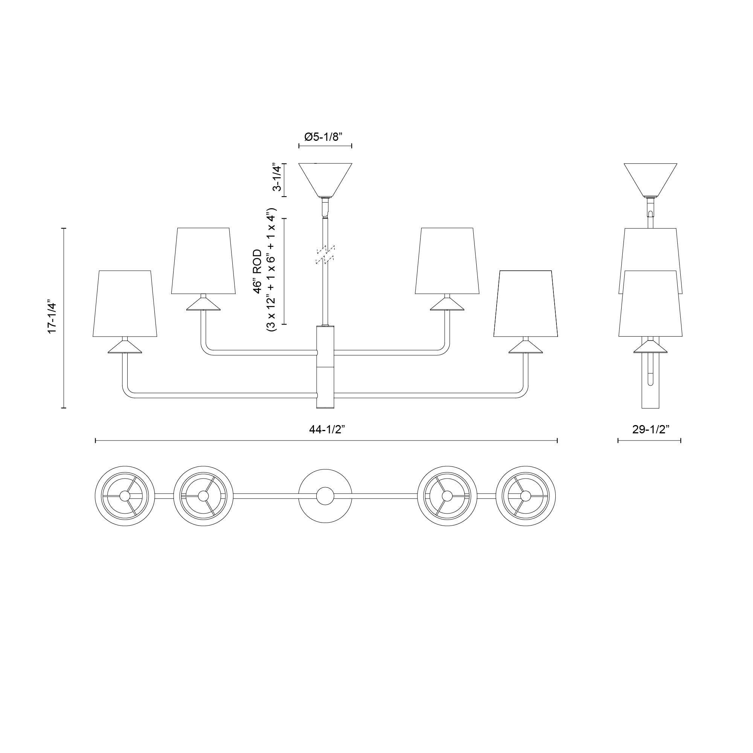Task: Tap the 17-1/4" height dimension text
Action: (x=52, y=317)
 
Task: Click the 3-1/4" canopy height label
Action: (x=277, y=177)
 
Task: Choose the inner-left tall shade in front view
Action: (x=203, y=261)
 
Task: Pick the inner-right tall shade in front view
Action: (x=447, y=261)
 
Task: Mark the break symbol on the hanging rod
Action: (x=325, y=255)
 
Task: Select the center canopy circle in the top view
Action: (x=325, y=496)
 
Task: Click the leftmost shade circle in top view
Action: (x=125, y=496)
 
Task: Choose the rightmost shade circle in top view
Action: (x=526, y=496)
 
